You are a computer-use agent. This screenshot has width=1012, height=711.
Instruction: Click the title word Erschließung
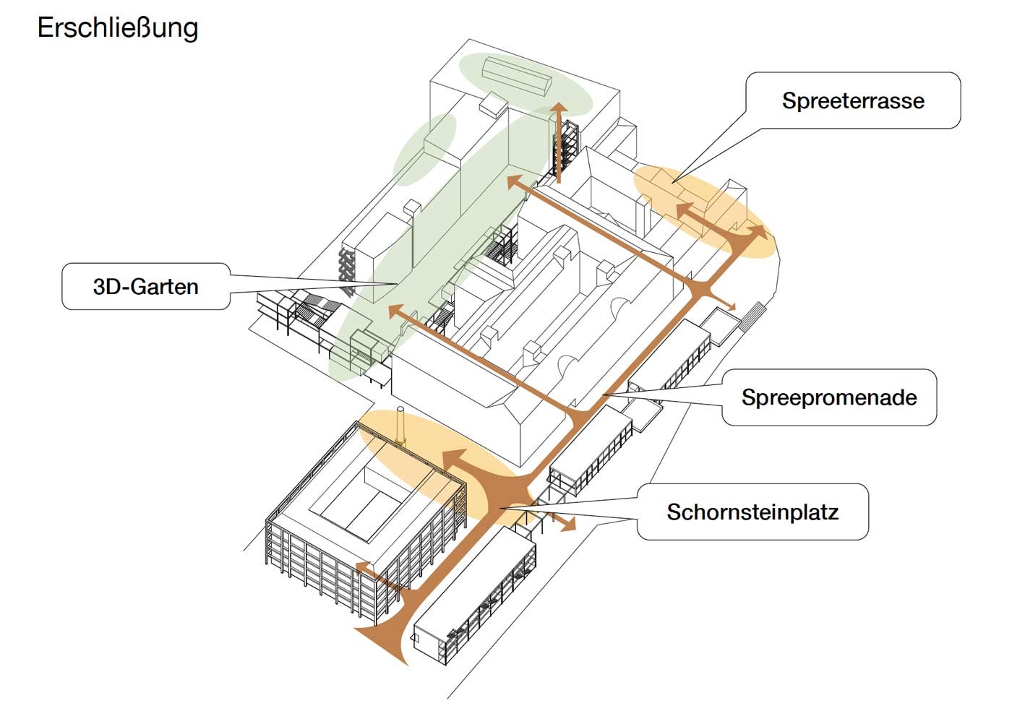[118, 28]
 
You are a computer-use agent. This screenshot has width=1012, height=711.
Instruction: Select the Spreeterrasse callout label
[853, 100]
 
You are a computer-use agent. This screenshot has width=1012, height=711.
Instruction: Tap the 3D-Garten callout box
[145, 287]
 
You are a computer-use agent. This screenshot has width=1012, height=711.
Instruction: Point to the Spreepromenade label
[829, 397]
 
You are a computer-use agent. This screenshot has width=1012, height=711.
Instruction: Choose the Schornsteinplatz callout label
[752, 512]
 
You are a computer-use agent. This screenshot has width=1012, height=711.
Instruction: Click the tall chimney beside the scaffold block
[401, 426]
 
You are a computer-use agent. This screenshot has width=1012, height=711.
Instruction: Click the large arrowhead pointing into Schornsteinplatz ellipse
[455, 460]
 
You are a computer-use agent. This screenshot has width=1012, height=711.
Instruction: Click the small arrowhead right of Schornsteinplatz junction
[569, 524]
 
